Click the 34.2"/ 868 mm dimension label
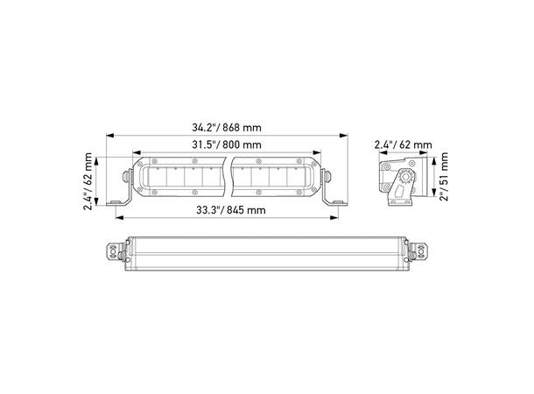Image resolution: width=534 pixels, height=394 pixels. tap(227, 128)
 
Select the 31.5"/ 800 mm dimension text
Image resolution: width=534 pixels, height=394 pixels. tap(227, 144)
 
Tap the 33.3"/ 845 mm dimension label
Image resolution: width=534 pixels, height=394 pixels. tap(231, 210)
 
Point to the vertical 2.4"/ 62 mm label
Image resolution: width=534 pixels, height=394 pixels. tap(88, 181)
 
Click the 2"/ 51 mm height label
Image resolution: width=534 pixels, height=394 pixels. tap(444, 177)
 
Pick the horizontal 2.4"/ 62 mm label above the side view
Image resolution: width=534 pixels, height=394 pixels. tap(404, 144)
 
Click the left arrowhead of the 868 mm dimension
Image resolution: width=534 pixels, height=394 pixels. tap(109, 136)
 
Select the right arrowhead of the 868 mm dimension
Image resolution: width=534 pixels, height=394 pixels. tap(344, 136)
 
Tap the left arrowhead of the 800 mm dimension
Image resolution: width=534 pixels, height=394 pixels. tap(137, 152)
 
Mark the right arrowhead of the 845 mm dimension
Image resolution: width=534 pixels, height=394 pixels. tap(334, 218)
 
